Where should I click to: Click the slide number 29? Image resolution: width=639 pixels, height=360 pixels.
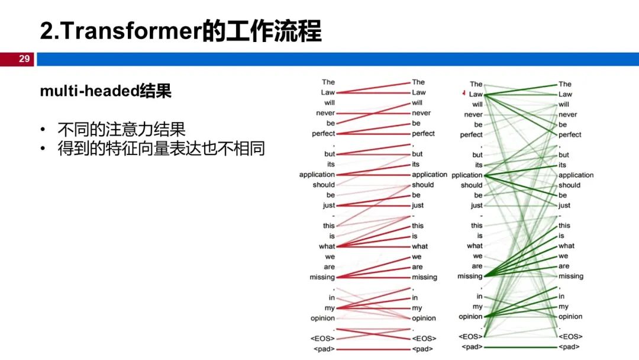[x=24, y=59]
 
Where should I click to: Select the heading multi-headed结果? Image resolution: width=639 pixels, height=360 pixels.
[x=105, y=92]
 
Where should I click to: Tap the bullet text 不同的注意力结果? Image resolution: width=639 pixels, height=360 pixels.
[x=121, y=129]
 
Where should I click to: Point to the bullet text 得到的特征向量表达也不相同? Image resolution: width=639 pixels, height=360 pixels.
[x=160, y=149]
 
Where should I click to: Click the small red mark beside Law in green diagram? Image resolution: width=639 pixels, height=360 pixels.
[x=464, y=93]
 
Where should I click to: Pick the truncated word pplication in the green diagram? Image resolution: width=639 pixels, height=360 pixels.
[x=467, y=175]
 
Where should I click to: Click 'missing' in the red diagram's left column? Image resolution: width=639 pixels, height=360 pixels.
[x=322, y=277]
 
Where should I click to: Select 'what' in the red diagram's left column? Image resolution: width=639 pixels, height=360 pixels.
[x=327, y=246]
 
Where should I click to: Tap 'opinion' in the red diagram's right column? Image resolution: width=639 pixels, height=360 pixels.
[x=424, y=319]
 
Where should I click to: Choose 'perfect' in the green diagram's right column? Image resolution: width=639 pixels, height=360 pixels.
[x=570, y=134]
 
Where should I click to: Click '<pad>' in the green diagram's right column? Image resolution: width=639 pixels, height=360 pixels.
[x=569, y=346]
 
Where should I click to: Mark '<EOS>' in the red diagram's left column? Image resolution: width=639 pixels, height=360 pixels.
[x=323, y=339]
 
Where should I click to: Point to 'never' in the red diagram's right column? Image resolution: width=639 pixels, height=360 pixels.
[x=421, y=113]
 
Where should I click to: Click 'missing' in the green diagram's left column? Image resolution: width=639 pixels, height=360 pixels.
[x=470, y=277]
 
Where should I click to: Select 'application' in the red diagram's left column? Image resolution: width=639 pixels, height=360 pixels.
[x=317, y=175]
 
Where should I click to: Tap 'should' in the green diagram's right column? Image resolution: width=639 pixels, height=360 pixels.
[x=569, y=185]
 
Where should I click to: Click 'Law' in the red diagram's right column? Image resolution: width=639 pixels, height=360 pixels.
[x=418, y=92]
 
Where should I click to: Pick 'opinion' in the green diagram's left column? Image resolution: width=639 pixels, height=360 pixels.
[x=470, y=317]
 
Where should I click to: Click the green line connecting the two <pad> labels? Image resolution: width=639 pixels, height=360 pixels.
[x=521, y=346]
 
